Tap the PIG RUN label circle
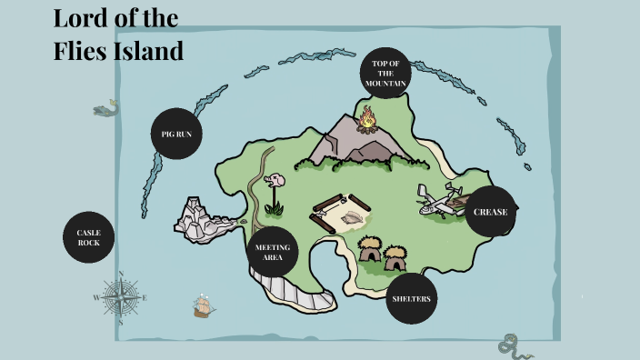(175, 134)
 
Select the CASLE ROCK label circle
(88, 238)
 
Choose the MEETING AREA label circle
(273, 252)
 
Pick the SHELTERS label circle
(412, 298)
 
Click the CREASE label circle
(490, 211)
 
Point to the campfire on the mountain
(366, 118)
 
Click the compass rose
(120, 296)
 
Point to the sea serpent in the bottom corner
(513, 345)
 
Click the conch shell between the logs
(352, 216)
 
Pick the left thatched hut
(369, 248)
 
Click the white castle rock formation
(205, 220)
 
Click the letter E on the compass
(145, 297)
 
